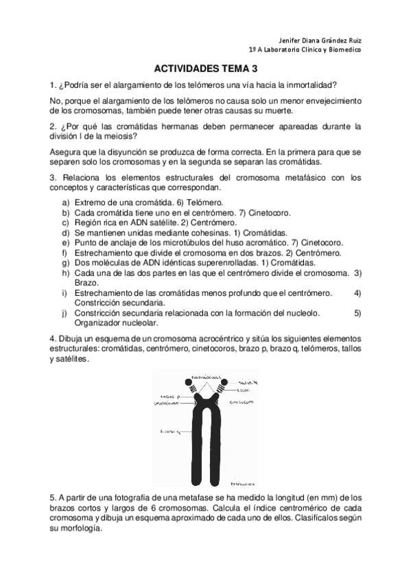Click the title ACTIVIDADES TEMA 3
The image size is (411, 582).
[x=205, y=69]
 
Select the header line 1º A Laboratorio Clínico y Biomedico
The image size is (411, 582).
[x=304, y=49]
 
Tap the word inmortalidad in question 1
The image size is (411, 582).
[x=310, y=86]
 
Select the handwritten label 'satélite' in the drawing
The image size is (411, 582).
[x=248, y=382]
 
